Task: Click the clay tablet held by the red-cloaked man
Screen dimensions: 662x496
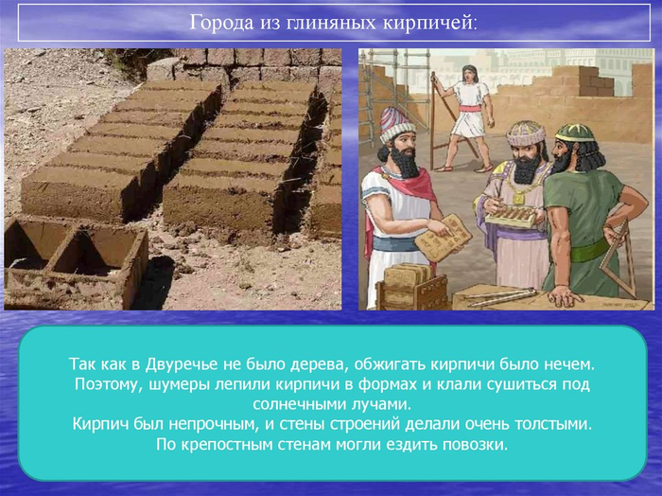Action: pyautogui.click(x=444, y=237)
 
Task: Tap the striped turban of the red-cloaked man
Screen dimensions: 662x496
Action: pyautogui.click(x=397, y=125)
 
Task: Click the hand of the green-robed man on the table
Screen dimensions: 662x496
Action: pyautogui.click(x=565, y=295)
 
